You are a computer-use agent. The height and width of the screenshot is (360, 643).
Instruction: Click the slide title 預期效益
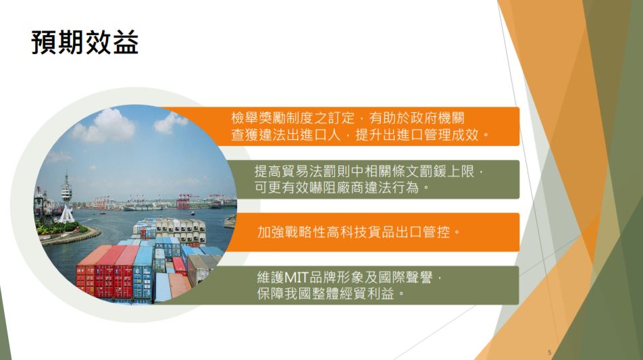(x=85, y=43)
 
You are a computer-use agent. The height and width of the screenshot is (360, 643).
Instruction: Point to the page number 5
(x=549, y=352)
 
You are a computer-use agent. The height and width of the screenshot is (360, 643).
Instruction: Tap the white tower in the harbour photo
(x=66, y=198)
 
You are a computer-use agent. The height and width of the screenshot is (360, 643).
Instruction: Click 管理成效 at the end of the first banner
(x=451, y=134)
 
